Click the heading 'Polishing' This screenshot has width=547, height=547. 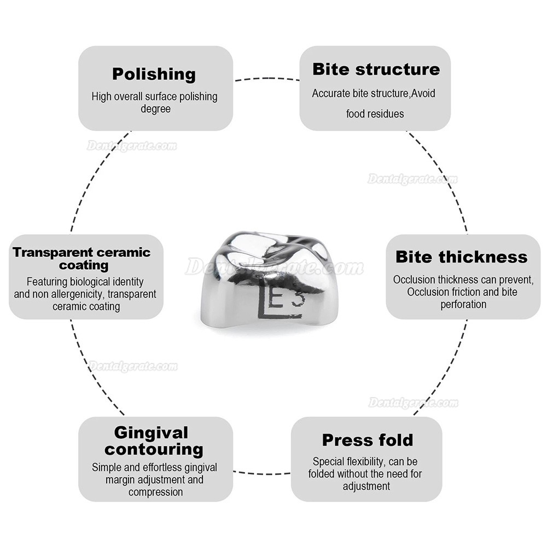[x=154, y=74]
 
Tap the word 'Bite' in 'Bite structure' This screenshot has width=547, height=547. [x=331, y=69]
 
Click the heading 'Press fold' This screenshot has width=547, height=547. [x=368, y=440]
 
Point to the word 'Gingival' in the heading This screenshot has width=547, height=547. [x=151, y=433]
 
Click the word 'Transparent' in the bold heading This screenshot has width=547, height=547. [x=52, y=252]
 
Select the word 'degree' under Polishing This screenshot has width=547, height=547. [x=155, y=109]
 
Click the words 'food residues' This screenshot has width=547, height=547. [x=375, y=114]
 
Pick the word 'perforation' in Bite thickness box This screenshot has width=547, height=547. [x=463, y=305]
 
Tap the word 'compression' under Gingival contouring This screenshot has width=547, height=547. [x=155, y=492]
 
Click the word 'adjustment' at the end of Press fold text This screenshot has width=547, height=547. [x=366, y=486]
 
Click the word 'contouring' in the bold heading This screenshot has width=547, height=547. [x=154, y=449]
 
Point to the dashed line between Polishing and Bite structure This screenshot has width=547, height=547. [x=266, y=79]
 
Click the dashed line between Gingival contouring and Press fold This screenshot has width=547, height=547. [x=261, y=473]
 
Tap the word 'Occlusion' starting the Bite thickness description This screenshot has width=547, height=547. [x=414, y=280]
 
